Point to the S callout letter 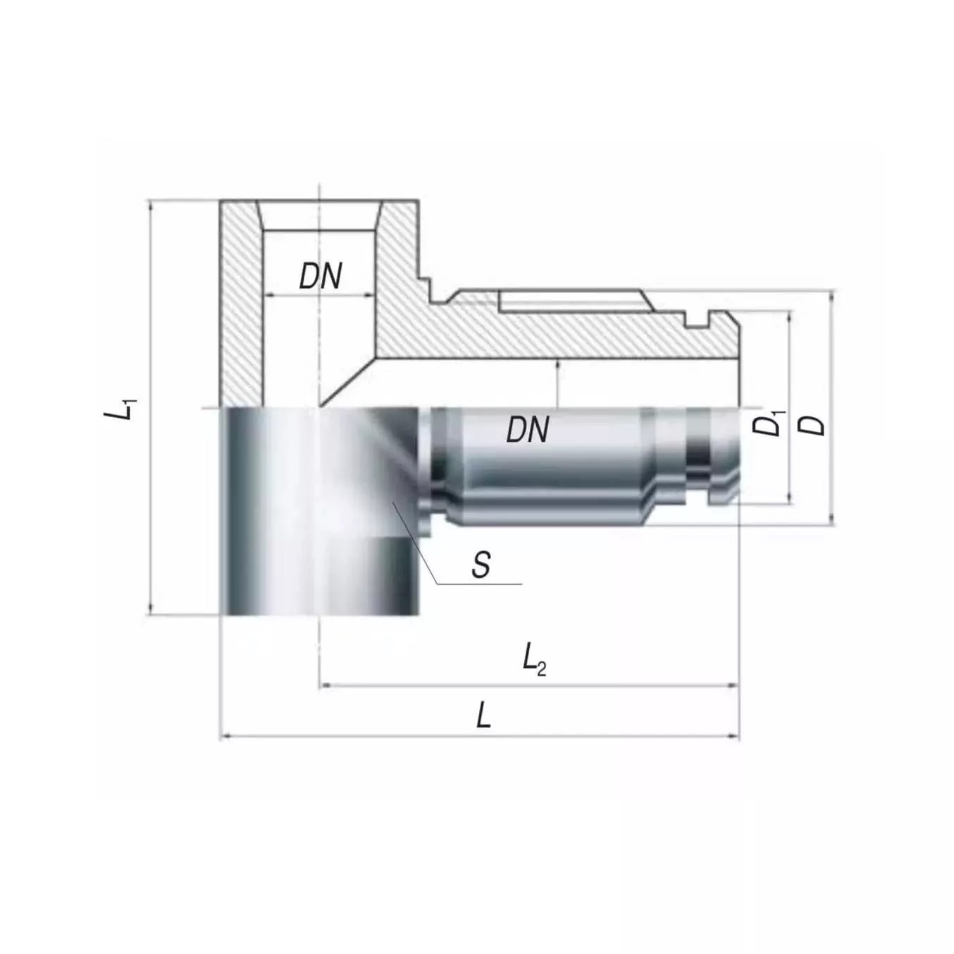[x=481, y=565]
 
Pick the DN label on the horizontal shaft [x=528, y=428]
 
